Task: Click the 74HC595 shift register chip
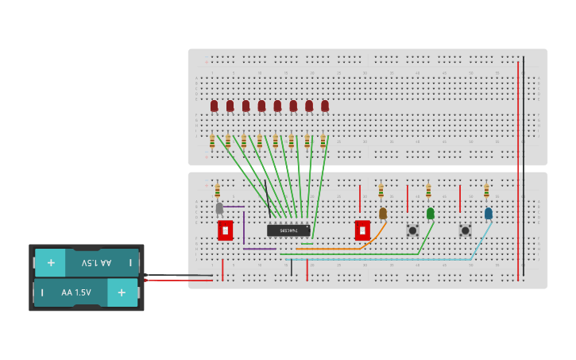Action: [x=288, y=230]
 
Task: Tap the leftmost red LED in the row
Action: [x=214, y=106]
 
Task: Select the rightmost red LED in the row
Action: [x=325, y=106]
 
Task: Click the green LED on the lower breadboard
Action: [x=431, y=213]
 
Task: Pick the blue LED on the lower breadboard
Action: [x=489, y=213]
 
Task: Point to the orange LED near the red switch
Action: [x=383, y=213]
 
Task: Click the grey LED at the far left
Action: [x=219, y=208]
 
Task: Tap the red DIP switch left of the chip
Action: [x=226, y=230]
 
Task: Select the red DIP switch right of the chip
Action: [x=362, y=230]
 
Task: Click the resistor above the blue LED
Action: [x=486, y=191]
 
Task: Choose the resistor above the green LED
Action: [x=428, y=191]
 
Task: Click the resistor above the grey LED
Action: [x=217, y=191]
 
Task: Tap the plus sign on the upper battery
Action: [x=51, y=262]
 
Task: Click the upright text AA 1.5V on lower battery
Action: [x=76, y=292]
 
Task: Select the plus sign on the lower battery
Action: [x=122, y=292]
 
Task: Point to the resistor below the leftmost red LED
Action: [x=212, y=141]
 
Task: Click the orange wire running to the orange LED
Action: [x=334, y=249]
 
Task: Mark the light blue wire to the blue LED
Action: [x=381, y=259]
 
